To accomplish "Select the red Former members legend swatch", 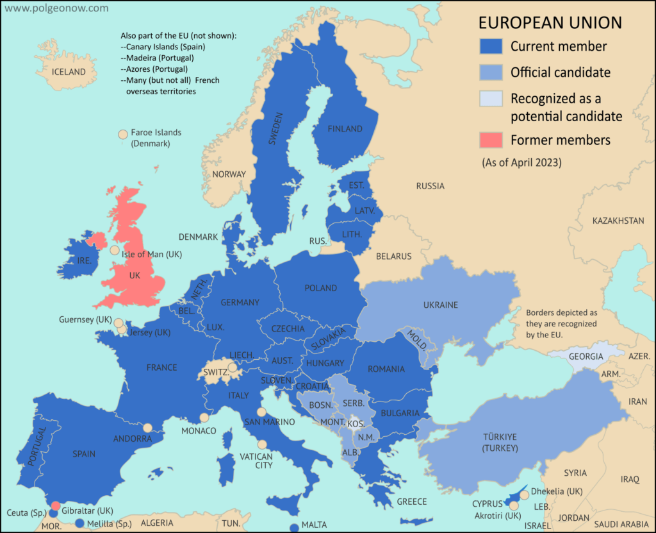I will [491, 139].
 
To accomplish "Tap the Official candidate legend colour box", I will [491, 72].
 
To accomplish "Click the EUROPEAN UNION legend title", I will [550, 23].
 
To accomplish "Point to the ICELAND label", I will [69, 72].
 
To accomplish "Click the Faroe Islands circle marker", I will [122, 135].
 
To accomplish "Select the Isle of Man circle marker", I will [114, 251].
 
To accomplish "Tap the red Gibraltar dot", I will [56, 505].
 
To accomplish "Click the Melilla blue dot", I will [79, 523].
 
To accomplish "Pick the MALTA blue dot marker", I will [294, 528].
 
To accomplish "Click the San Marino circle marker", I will [261, 412].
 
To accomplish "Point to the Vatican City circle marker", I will [261, 444].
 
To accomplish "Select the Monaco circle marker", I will [204, 418].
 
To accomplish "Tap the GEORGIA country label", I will [586, 356].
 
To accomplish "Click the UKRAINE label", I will [440, 305].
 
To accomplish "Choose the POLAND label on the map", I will [320, 288].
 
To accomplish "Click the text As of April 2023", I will [521, 163].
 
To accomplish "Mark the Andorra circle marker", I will [148, 428].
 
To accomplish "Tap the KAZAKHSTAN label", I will [618, 221].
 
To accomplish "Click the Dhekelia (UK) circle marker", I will [524, 495].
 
